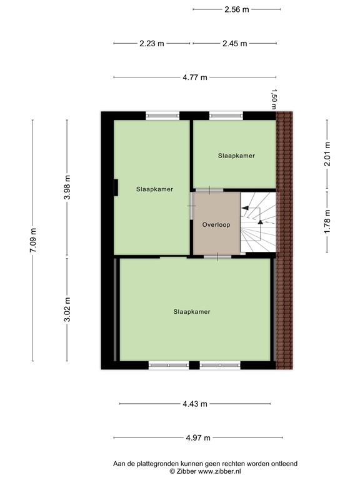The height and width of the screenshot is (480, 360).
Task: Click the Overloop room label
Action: tap(216, 224)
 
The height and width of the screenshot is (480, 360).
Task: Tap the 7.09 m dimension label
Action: tap(33, 241)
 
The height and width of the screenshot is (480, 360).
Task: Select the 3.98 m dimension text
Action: tap(67, 187)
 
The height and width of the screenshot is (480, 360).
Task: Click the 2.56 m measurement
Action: tap(236, 9)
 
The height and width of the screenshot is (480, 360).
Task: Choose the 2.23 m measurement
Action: tap(152, 44)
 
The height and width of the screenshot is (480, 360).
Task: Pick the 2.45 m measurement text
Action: tap(234, 44)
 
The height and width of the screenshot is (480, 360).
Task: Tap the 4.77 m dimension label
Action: tap(195, 77)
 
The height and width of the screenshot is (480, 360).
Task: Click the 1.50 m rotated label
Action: tap(274, 99)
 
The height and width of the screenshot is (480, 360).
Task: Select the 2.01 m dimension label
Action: tap(327, 154)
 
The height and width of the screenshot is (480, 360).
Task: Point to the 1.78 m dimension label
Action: tap(327, 221)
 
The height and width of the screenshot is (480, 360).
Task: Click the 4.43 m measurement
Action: tap(195, 404)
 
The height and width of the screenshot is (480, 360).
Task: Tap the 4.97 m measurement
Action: tap(195, 437)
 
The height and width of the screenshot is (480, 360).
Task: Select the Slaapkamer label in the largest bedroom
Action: tap(192, 311)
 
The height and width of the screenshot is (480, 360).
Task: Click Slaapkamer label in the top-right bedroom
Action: tap(236, 155)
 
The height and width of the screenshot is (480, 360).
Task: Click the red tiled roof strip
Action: tap(284, 241)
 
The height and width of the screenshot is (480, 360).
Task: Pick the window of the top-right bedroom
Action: tap(226, 115)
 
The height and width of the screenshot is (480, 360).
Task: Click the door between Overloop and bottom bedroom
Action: tap(217, 256)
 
